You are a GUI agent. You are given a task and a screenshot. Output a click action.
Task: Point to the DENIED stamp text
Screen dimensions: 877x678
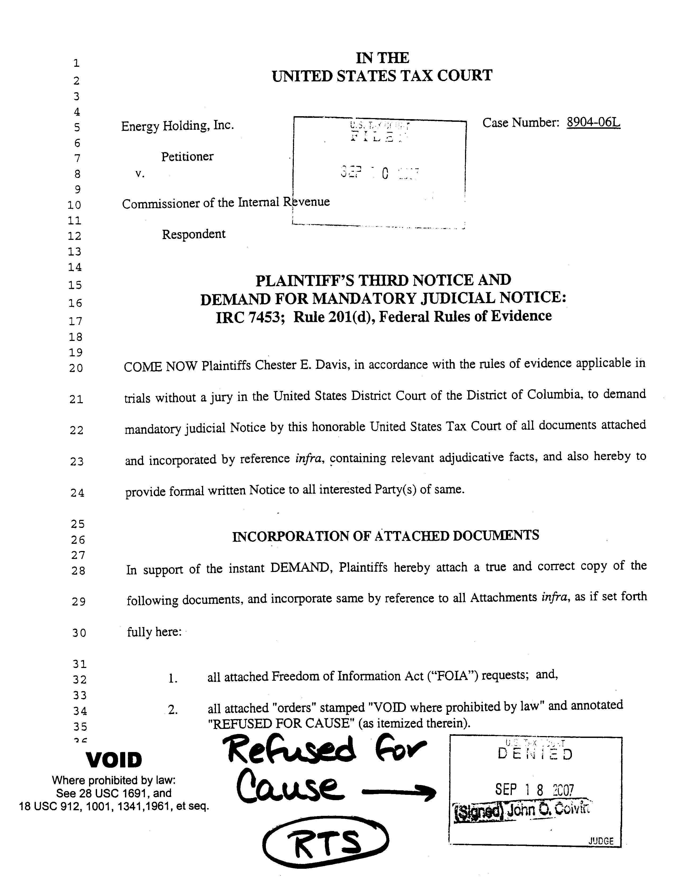point(535,754)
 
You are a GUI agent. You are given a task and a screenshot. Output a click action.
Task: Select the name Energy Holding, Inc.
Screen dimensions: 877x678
point(177,126)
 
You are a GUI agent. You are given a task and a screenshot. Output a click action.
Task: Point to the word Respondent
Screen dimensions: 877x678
point(194,234)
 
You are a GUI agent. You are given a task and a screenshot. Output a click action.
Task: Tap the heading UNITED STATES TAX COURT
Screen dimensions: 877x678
point(382,76)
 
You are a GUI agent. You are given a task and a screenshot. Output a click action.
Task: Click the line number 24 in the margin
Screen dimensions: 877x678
point(77,493)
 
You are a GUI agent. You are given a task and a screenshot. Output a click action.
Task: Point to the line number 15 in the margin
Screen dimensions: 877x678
point(75,285)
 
